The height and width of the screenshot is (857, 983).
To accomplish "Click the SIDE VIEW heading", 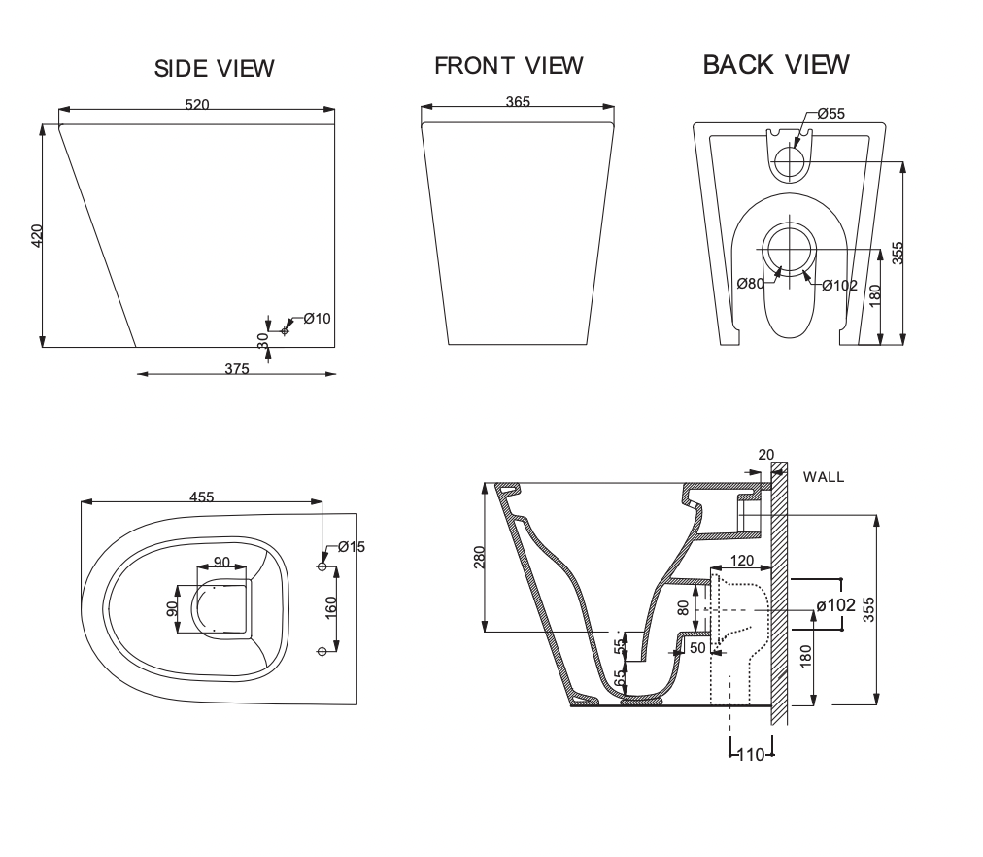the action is (x=215, y=68).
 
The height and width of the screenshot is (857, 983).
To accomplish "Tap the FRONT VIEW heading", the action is (x=508, y=65).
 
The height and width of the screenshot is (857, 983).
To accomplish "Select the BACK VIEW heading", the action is (x=775, y=64).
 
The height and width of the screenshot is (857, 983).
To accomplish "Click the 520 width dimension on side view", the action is (x=197, y=104).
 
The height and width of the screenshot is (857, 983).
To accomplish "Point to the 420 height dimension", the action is (x=37, y=236).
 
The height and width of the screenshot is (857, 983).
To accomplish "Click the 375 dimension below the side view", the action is (x=237, y=368).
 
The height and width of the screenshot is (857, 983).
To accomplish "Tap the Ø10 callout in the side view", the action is (x=318, y=319).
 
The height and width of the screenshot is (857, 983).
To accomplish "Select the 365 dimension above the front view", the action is (x=518, y=102).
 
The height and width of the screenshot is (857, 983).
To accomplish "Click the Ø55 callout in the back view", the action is (x=831, y=114).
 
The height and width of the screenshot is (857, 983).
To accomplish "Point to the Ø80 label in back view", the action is (x=751, y=284).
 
